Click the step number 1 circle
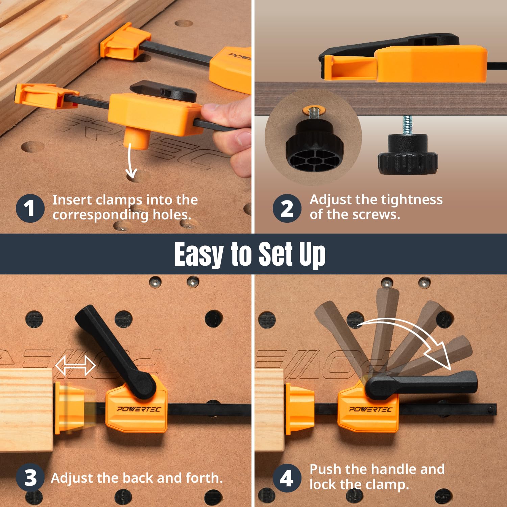click(30, 208)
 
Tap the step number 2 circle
click(287, 208)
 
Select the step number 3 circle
click(30, 478)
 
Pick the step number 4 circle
click(287, 478)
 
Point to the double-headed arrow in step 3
click(75, 365)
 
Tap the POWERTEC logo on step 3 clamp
click(139, 409)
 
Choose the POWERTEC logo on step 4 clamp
click(370, 409)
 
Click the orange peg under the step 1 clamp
click(137, 139)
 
